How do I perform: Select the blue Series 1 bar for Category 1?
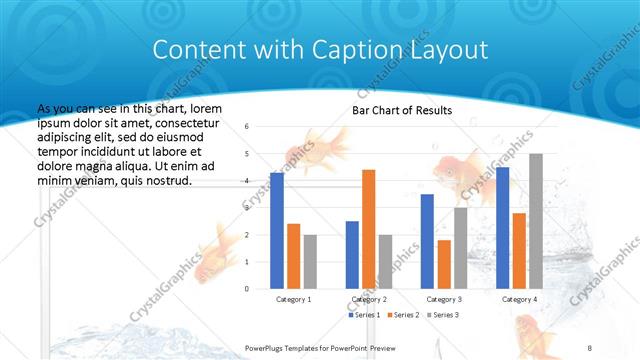(x=277, y=230)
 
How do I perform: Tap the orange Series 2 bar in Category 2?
(x=368, y=228)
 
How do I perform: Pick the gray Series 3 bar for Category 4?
(x=536, y=220)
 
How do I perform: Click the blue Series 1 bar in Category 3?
(x=427, y=240)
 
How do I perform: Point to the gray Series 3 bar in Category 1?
(x=310, y=261)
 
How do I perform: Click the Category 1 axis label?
(x=293, y=299)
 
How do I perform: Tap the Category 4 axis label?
(x=519, y=299)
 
